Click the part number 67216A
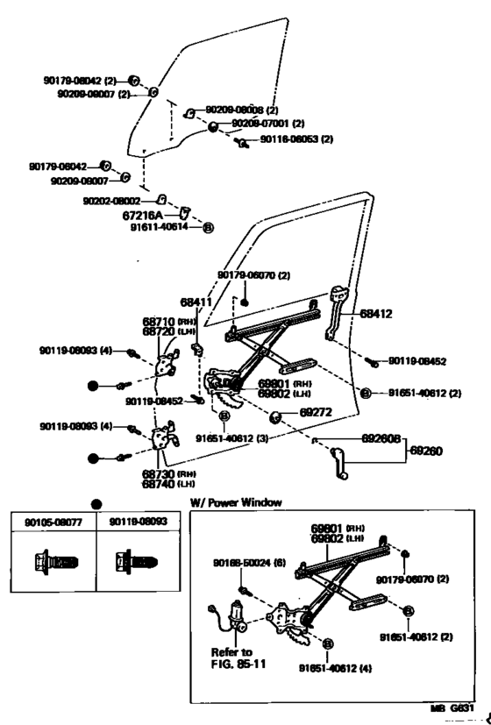pyautogui.click(x=146, y=213)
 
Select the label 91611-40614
pyautogui.click(x=160, y=226)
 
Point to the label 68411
pyautogui.click(x=196, y=302)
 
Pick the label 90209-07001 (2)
pyautogui.click(x=267, y=124)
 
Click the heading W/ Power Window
pyautogui.click(x=236, y=502)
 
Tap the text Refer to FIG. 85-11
pyautogui.click(x=234, y=657)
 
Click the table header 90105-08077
pyautogui.click(x=46, y=522)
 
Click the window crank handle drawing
pyautogui.click(x=338, y=462)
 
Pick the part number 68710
pyautogui.click(x=159, y=321)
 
